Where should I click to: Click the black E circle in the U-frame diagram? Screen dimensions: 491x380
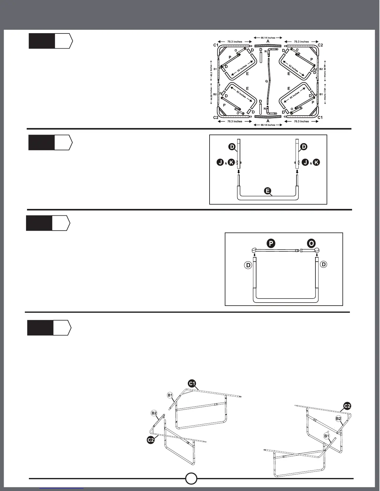(268, 191)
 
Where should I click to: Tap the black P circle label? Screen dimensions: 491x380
(271, 244)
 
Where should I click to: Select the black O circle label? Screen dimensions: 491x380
(311, 244)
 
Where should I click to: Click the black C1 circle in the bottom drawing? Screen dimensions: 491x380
(192, 384)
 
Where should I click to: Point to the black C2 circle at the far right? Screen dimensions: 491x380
(347, 406)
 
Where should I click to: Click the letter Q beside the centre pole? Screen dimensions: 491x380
(266, 81)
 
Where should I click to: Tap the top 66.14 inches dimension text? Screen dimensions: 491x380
(268, 38)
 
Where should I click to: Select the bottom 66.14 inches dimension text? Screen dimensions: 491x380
(268, 125)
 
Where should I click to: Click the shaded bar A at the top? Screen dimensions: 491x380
(268, 46)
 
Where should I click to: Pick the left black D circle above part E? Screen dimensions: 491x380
(232, 147)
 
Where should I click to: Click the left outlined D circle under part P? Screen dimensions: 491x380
(248, 265)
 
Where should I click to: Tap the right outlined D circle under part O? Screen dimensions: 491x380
(323, 264)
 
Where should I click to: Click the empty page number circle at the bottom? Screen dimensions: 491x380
(191, 478)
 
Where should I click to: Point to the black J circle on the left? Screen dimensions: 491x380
(220, 162)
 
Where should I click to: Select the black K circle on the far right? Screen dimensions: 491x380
(316, 162)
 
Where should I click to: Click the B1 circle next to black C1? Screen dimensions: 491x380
(170, 395)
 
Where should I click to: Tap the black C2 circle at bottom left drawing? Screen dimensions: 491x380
(151, 440)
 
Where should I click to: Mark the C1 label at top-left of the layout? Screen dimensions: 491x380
(216, 45)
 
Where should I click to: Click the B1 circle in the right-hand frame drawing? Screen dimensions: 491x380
(327, 436)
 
